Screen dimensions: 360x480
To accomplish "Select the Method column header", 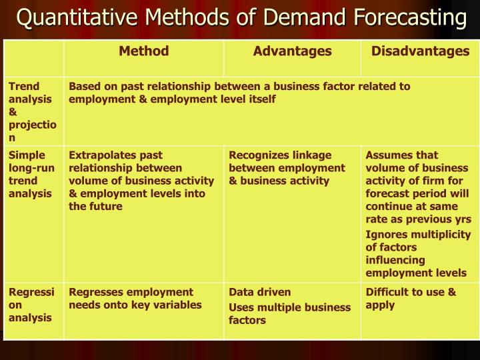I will tap(143, 51).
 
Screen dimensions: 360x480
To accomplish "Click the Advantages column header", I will tap(292, 51).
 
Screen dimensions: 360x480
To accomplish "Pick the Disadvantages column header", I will tap(420, 51).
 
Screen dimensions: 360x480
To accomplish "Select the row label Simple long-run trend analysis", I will tap(31, 174).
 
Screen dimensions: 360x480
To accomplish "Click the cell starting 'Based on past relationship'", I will tap(239, 93).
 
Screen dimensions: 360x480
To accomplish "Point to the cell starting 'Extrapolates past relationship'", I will tap(141, 181).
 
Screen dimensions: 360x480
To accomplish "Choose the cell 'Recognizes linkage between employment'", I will tap(287, 168).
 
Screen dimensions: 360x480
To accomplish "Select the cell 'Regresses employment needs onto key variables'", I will tap(135, 298).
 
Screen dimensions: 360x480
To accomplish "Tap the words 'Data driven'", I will tap(260, 292).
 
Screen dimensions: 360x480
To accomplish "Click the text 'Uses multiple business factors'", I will tap(289, 313).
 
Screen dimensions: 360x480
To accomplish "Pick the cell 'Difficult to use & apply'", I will tap(411, 298).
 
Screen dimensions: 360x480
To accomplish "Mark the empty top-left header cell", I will tap(34, 57).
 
